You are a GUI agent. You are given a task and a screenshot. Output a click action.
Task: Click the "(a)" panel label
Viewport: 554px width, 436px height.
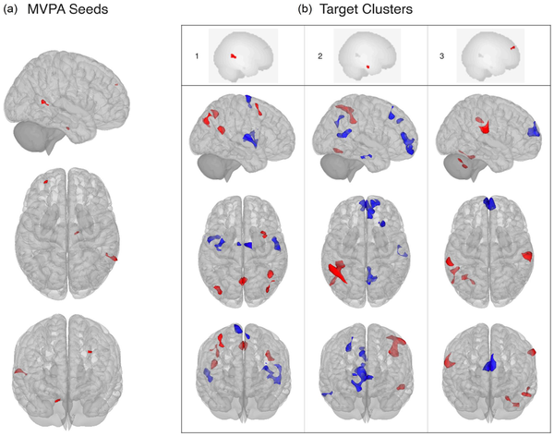coord(13,12)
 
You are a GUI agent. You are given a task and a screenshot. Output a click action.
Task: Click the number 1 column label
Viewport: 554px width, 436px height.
coord(198,57)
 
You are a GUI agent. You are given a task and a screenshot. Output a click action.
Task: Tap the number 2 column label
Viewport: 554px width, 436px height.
coord(320,57)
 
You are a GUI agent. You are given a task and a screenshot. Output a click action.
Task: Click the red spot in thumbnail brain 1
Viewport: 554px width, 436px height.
coord(235,57)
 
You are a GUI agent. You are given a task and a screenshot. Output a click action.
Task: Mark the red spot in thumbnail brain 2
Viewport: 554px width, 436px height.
coord(368,67)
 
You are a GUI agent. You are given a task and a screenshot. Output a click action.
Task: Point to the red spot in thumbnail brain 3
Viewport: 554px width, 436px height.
coord(512,45)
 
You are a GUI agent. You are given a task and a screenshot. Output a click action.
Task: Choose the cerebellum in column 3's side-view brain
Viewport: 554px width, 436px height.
coord(459,163)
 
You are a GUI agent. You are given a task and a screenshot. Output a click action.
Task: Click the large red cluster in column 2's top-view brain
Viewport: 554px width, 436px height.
coord(336,273)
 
